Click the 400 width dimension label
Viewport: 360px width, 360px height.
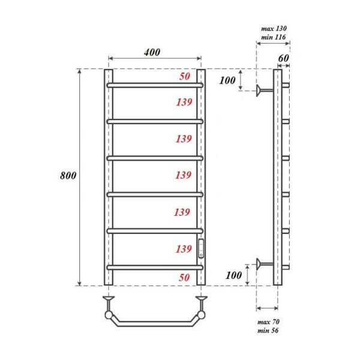point(152,52)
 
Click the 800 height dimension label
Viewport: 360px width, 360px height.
point(68,176)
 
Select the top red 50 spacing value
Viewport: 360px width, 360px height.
point(185,77)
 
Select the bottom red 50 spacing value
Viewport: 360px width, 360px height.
point(185,278)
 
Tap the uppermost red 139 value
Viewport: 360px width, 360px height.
point(184,103)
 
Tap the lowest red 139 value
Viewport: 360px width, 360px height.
point(184,248)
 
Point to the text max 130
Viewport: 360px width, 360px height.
point(274,28)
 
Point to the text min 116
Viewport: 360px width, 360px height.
point(274,37)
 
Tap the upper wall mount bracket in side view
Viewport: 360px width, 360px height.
point(263,91)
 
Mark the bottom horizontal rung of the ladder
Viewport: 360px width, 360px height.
point(155,267)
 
